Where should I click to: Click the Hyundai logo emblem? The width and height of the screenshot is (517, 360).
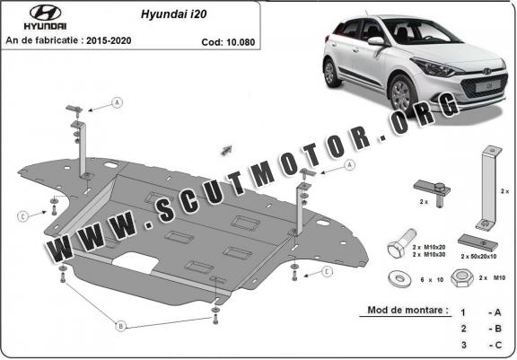pyautogui.click(x=45, y=13)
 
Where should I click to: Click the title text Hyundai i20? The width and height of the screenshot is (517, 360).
pyautogui.click(x=174, y=14)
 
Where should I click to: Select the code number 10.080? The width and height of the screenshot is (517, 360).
pyautogui.click(x=242, y=42)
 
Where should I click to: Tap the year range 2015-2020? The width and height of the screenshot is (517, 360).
pyautogui.click(x=109, y=40)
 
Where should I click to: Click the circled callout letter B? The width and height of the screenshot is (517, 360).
pyautogui.click(x=120, y=327)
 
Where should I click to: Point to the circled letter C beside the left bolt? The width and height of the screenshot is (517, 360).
pyautogui.click(x=22, y=216)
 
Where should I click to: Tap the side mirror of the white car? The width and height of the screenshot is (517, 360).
pyautogui.click(x=377, y=41)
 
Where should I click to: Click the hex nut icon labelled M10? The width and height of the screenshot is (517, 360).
pyautogui.click(x=462, y=278)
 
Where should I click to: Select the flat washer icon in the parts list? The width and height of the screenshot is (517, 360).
pyautogui.click(x=400, y=278)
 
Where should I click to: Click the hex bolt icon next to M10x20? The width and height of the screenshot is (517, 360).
pyautogui.click(x=401, y=244)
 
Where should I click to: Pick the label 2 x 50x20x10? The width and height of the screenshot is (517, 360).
pyautogui.click(x=478, y=256)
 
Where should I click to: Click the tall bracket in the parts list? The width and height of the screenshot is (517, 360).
pyautogui.click(x=488, y=188)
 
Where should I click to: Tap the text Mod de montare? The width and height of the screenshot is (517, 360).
pyautogui.click(x=407, y=311)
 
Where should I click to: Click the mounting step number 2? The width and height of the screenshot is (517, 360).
pyautogui.click(x=463, y=329)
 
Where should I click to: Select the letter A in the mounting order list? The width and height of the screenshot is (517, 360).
pyautogui.click(x=497, y=312)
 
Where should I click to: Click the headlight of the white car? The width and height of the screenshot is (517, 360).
pyautogui.click(x=436, y=67)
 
